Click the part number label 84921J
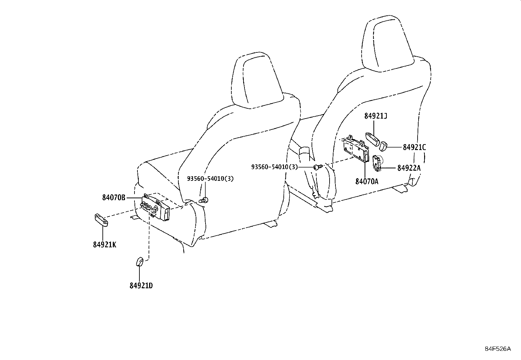[x=375, y=116]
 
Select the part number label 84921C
[x=414, y=147]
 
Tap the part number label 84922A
[x=409, y=168]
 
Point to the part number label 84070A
[x=367, y=181]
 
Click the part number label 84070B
[x=114, y=198]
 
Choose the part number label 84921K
[x=105, y=245]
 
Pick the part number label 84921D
[x=141, y=286]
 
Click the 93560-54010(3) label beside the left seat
[x=210, y=179]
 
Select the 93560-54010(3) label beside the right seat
[x=275, y=167]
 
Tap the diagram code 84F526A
[x=498, y=349]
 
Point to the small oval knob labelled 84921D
[x=139, y=262]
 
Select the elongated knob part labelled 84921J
[x=373, y=139]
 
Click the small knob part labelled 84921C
[x=383, y=146]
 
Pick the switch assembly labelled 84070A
[x=356, y=149]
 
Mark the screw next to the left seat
[x=204, y=200]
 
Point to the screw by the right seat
[x=318, y=167]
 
